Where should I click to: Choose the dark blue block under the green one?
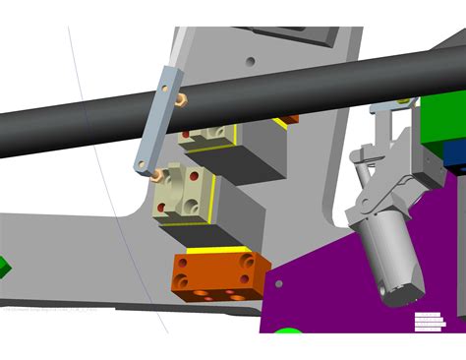pos(454,153)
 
